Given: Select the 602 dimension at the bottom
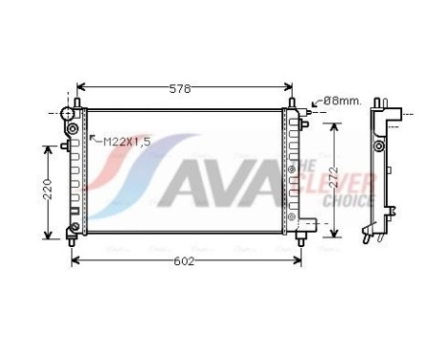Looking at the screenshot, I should [186, 260].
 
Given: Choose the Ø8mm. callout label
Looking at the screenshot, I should [341, 100].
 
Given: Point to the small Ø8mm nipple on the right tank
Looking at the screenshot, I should [307, 113].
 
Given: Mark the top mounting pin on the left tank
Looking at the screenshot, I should [76, 101].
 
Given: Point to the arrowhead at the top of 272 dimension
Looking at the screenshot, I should [333, 124].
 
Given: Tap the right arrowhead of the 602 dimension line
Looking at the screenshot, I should [300, 259].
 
